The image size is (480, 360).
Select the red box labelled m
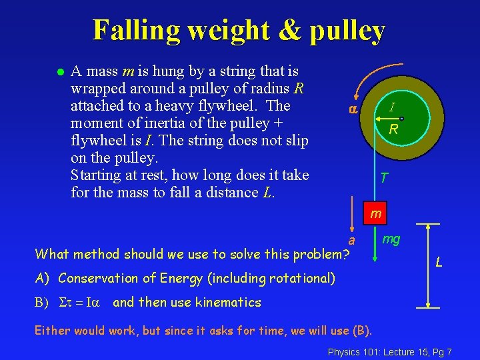(376, 214)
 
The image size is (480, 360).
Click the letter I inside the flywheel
(392, 107)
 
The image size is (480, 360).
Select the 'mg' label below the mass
(391, 239)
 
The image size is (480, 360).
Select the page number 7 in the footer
(449, 351)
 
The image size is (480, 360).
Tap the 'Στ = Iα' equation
(79, 303)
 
